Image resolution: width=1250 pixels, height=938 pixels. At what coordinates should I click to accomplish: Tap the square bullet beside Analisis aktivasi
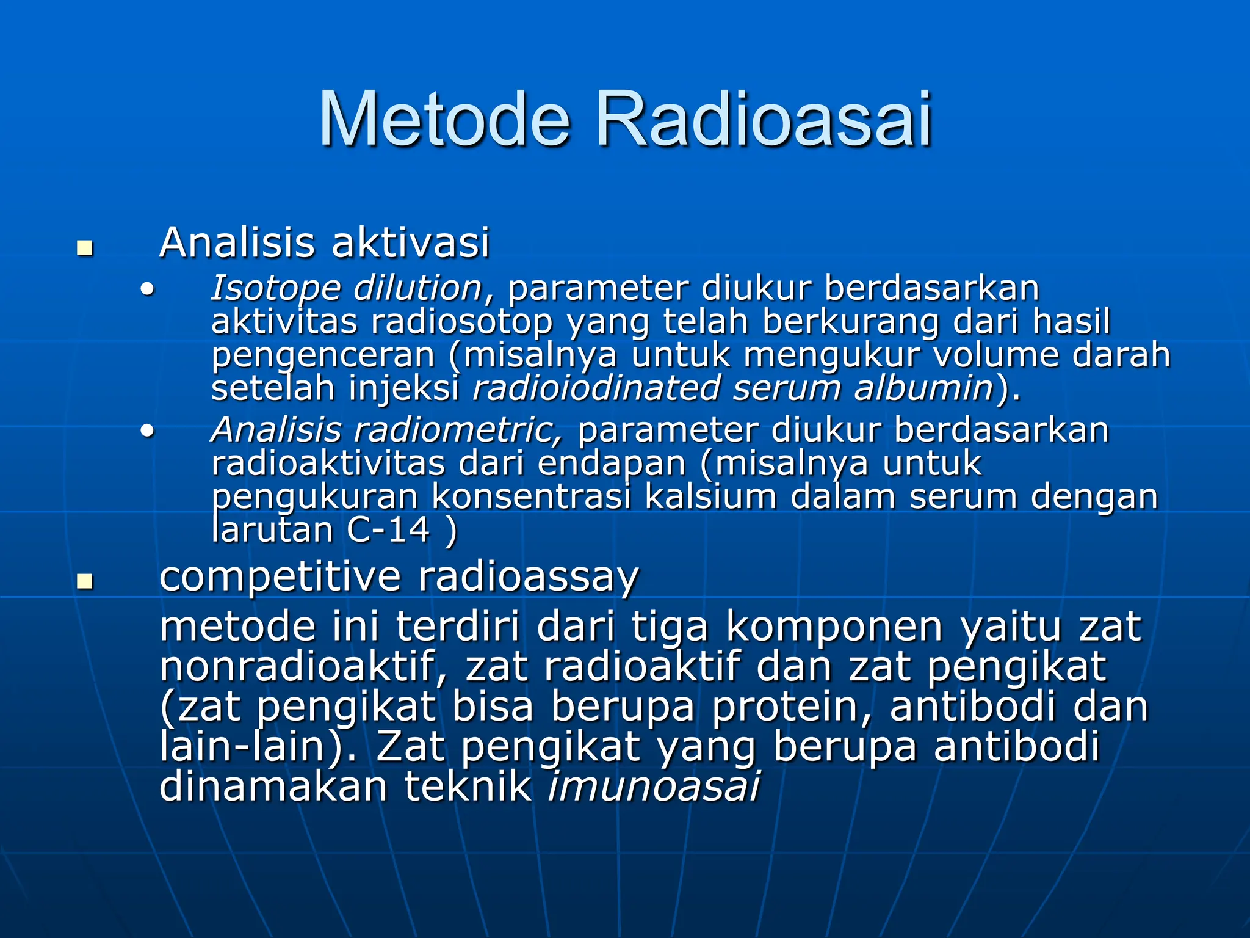coord(84,249)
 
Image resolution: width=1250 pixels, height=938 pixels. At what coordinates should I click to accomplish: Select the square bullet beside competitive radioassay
coord(84,581)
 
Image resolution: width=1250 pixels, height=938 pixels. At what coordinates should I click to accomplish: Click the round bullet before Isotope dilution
coord(146,289)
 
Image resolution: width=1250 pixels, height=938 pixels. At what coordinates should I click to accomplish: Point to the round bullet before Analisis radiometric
coord(146,431)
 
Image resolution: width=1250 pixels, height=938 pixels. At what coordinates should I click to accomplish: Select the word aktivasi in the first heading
coord(410,242)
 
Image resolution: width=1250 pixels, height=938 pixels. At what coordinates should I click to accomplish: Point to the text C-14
coord(388,529)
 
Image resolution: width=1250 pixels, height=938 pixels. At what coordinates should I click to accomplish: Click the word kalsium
coord(710,496)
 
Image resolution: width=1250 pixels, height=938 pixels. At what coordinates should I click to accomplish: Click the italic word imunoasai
coord(653,787)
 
